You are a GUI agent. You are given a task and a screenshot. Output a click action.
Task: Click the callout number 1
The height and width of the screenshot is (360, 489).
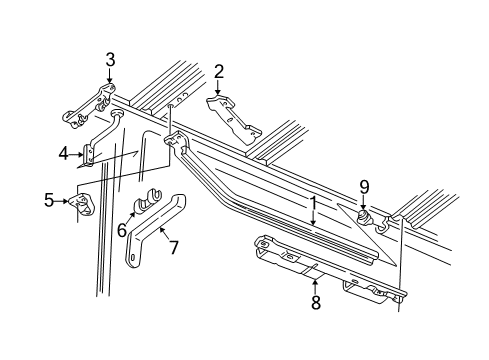click(x=313, y=206)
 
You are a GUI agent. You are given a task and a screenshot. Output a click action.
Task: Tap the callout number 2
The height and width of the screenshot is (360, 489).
click(x=218, y=71)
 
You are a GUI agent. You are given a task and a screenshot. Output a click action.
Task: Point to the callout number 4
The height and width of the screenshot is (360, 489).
click(x=63, y=153)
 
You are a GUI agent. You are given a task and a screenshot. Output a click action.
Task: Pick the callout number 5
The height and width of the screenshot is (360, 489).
click(x=49, y=199)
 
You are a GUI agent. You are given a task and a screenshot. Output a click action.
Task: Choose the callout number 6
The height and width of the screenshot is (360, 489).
click(x=123, y=230)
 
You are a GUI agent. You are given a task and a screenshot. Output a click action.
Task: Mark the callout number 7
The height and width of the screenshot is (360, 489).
click(x=173, y=247)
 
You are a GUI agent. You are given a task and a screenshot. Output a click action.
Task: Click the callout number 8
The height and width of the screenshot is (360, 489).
click(x=315, y=302)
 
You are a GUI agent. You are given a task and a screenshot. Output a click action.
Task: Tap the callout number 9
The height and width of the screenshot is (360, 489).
click(x=365, y=185)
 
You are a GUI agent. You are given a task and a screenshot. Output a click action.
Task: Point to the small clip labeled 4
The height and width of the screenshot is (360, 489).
click(x=90, y=153)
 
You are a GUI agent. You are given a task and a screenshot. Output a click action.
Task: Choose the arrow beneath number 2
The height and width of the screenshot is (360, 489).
click(x=218, y=88)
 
